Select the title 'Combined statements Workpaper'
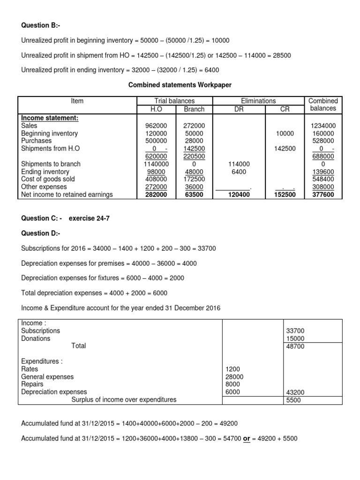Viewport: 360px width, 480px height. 180,84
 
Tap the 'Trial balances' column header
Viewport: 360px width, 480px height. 174,101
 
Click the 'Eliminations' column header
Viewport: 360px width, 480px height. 258,101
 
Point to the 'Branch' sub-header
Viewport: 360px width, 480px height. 195,109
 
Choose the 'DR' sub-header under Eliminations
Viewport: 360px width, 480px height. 240,109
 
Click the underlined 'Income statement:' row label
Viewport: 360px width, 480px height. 50,118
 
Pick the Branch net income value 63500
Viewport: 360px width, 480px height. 194,194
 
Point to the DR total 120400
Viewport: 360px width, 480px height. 240,194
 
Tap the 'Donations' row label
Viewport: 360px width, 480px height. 36,338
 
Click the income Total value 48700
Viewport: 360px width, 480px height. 295,346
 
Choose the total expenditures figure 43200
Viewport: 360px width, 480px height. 295,392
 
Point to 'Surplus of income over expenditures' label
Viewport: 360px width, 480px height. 124,399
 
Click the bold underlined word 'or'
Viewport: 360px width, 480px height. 247,438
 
